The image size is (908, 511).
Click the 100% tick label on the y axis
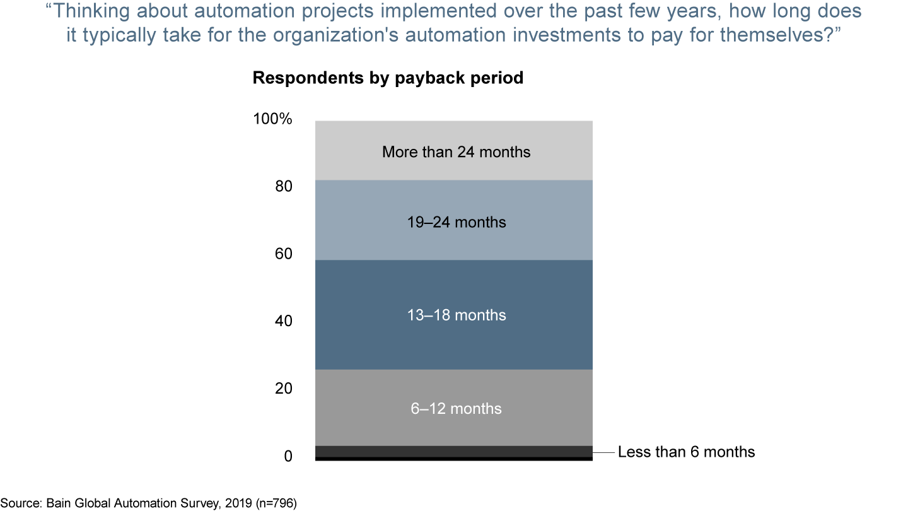[x=273, y=119]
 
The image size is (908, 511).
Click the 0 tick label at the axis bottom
[x=288, y=455]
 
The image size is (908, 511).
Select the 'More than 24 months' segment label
[x=456, y=152]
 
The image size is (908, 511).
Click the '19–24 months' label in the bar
[x=456, y=222]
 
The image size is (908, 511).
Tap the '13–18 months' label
[x=456, y=315]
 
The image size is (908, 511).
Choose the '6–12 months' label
[x=456, y=409]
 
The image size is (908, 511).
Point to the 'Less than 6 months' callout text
[x=686, y=452]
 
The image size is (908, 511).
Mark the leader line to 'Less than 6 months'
[x=603, y=452]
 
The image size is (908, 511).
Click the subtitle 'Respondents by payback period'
[x=388, y=78]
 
